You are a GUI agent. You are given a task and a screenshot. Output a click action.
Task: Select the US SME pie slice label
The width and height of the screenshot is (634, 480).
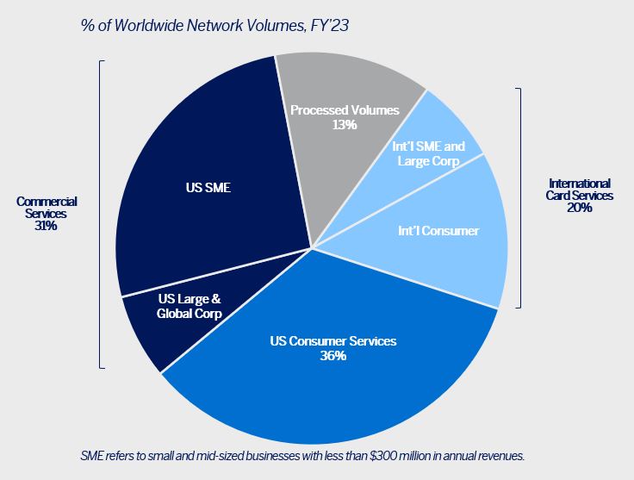coord(206,184)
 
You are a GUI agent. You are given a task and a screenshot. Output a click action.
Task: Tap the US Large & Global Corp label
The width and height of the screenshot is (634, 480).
coord(190,306)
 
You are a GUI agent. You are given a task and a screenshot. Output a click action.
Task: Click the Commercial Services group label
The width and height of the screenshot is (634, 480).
coord(47,207)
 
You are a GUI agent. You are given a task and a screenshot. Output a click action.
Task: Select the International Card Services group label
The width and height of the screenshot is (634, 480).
coord(579,189)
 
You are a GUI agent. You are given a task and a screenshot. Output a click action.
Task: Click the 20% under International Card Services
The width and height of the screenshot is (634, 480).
coord(579,208)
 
